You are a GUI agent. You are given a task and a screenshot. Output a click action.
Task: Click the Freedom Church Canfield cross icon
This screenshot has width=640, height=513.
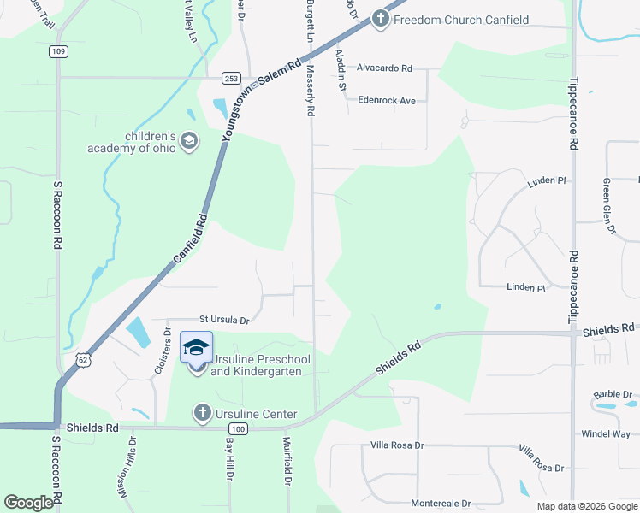point(381,20)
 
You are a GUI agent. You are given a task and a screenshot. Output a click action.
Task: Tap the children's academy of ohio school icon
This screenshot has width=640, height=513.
point(189,141)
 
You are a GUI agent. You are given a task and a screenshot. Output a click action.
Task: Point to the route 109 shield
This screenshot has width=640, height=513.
point(58,52)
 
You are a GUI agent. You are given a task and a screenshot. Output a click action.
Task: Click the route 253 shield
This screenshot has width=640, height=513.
point(231,78)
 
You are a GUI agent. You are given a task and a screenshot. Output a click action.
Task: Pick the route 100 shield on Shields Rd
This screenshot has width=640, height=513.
point(239,428)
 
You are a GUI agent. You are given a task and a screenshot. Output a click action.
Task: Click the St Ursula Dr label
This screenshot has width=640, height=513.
point(223,320)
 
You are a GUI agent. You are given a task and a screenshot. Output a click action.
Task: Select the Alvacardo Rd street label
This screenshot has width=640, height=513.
point(384,68)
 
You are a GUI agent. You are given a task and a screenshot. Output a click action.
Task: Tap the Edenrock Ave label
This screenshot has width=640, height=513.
point(387,100)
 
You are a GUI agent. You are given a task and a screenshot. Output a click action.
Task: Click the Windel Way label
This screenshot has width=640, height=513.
point(606,434)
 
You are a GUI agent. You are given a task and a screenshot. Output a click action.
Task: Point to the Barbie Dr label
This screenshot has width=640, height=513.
point(614,394)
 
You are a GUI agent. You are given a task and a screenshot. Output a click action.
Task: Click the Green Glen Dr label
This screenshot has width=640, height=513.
point(609,205)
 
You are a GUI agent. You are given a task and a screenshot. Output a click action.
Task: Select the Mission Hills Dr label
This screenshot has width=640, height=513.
point(127,469)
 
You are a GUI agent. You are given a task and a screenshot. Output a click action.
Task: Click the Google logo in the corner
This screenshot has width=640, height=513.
point(28,503)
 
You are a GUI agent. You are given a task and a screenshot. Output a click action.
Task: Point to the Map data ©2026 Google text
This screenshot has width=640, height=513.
point(587,506)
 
